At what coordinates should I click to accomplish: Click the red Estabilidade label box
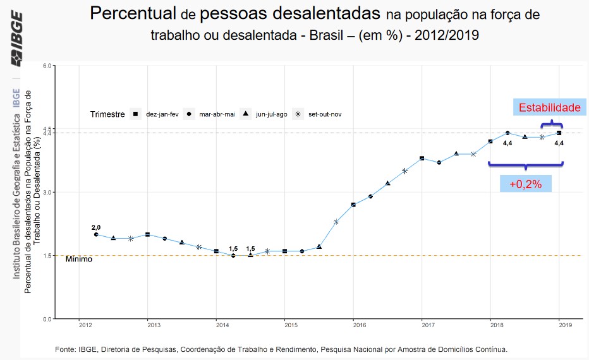coord(549,108)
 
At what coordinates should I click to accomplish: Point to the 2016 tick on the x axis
coord(359,325)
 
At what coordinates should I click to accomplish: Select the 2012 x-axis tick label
coord(85,325)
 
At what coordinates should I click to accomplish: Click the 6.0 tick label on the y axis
coord(46,66)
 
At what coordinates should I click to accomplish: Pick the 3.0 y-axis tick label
coord(46,193)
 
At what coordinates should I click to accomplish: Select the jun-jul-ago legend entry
coord(265,114)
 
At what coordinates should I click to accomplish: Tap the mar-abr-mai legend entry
coord(210,114)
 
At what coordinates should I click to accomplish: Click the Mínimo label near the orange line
coord(79,259)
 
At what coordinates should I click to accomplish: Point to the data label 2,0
coord(96,227)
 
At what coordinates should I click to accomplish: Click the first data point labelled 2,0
coord(96,234)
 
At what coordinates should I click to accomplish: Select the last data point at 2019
coord(559,133)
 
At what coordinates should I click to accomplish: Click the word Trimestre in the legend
coord(107,114)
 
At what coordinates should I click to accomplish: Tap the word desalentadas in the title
coord(320,13)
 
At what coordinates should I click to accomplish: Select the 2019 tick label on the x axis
coord(565,325)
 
